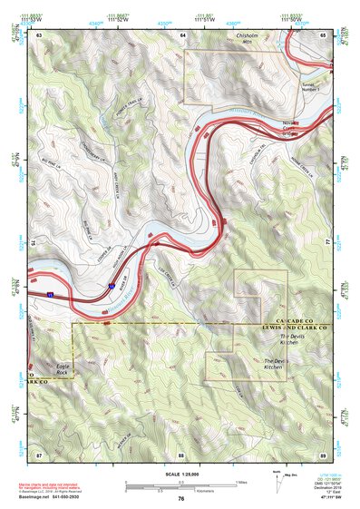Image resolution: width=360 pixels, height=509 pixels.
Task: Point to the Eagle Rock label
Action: (x=62, y=369)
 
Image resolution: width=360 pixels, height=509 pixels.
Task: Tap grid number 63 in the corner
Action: (x=39, y=34)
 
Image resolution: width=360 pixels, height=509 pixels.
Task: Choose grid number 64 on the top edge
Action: (x=181, y=34)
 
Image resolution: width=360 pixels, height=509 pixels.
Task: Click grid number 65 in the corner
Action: (x=322, y=34)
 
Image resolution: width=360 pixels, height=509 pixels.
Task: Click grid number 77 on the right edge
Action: (x=326, y=243)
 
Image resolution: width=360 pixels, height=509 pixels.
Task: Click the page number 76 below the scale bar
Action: (x=181, y=498)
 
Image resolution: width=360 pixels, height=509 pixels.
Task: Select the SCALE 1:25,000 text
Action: (x=180, y=475)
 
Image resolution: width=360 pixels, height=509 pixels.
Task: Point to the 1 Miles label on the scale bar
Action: (x=241, y=481)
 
